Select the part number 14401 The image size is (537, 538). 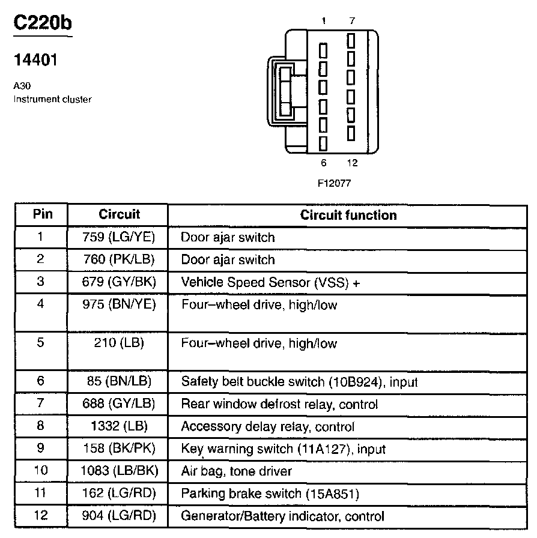[35, 60]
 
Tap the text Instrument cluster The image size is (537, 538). [52, 99]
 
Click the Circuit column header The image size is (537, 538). [119, 214]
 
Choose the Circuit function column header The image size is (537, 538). [348, 215]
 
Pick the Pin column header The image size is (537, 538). [42, 214]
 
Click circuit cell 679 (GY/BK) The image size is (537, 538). [119, 282]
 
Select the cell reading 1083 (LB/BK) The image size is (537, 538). [119, 471]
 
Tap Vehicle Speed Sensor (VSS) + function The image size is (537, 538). [270, 282]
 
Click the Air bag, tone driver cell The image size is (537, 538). [236, 471]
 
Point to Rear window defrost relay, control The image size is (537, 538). [279, 404]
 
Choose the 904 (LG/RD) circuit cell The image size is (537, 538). [119, 516]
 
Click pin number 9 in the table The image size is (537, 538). [40, 448]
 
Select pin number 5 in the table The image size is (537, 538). [40, 343]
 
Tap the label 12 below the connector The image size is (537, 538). [352, 163]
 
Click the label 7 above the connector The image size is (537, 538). [351, 21]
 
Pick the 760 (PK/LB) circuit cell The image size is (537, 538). [119, 259]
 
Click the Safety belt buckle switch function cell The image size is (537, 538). [299, 381]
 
